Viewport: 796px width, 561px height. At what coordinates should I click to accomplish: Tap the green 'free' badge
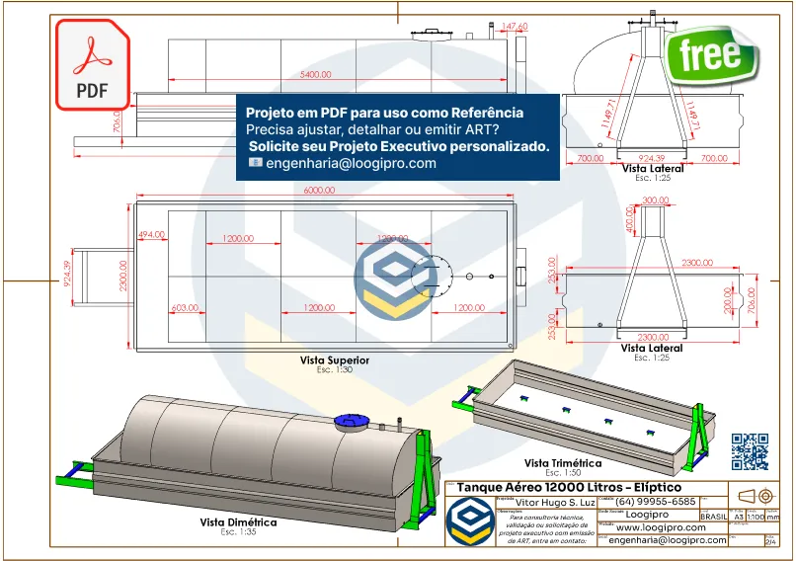pos(710,54)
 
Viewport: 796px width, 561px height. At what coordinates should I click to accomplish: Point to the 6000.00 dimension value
pos(320,190)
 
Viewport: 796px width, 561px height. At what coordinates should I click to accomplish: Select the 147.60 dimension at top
pos(515,26)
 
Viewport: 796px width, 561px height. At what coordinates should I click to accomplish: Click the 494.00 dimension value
pos(151,234)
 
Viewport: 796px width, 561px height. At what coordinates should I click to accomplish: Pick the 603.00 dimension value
pos(185,308)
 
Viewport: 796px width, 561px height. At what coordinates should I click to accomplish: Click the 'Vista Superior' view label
pos(335,361)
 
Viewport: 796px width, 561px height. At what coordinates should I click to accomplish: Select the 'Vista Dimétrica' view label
pos(238,522)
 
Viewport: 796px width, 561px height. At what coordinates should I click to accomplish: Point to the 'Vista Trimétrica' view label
pos(562,462)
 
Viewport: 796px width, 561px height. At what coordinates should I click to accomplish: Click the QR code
pos(750,451)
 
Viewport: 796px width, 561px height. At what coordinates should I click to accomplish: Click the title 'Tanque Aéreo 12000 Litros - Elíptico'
pos(569,487)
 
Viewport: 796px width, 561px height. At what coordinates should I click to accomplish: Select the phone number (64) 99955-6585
pos(656,502)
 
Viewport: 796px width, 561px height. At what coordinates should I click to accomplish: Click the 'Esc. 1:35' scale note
pos(238,532)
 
